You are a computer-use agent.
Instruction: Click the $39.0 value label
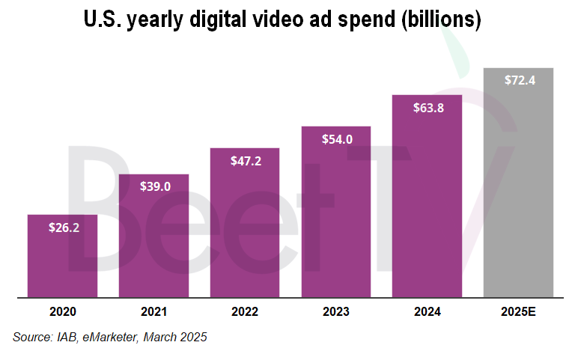[x=153, y=186]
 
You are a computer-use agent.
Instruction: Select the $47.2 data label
[x=245, y=160]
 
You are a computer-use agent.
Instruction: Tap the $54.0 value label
[x=336, y=138]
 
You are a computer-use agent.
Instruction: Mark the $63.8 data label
[x=428, y=107]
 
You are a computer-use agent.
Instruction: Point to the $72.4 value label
[x=518, y=80]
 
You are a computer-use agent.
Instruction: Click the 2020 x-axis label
[x=62, y=311]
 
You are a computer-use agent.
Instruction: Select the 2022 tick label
[x=245, y=311]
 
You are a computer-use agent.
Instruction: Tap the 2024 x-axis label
[x=428, y=311]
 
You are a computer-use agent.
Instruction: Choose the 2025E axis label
[x=518, y=311]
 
